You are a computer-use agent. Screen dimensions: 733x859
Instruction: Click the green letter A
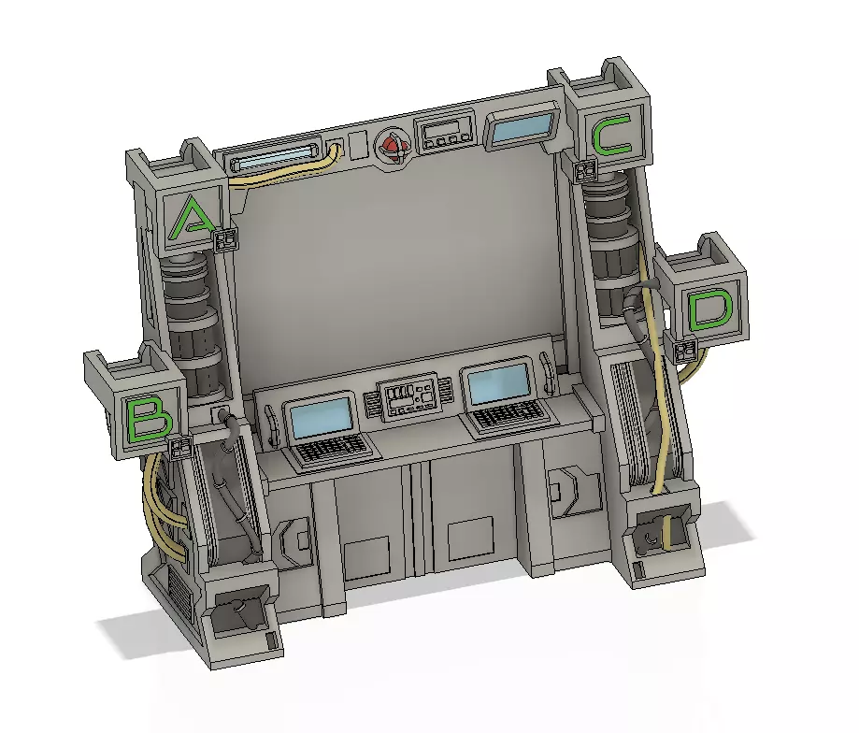coord(193,217)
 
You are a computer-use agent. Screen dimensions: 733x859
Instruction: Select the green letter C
coord(612,136)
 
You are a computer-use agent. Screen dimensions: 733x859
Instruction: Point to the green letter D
coord(711,311)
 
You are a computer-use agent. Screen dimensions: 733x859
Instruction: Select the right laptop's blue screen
coord(497,383)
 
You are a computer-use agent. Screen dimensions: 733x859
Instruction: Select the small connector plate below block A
coord(225,241)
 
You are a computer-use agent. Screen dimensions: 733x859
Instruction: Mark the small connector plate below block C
coord(586,171)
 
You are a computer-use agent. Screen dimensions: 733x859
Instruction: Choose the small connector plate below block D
coord(685,352)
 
